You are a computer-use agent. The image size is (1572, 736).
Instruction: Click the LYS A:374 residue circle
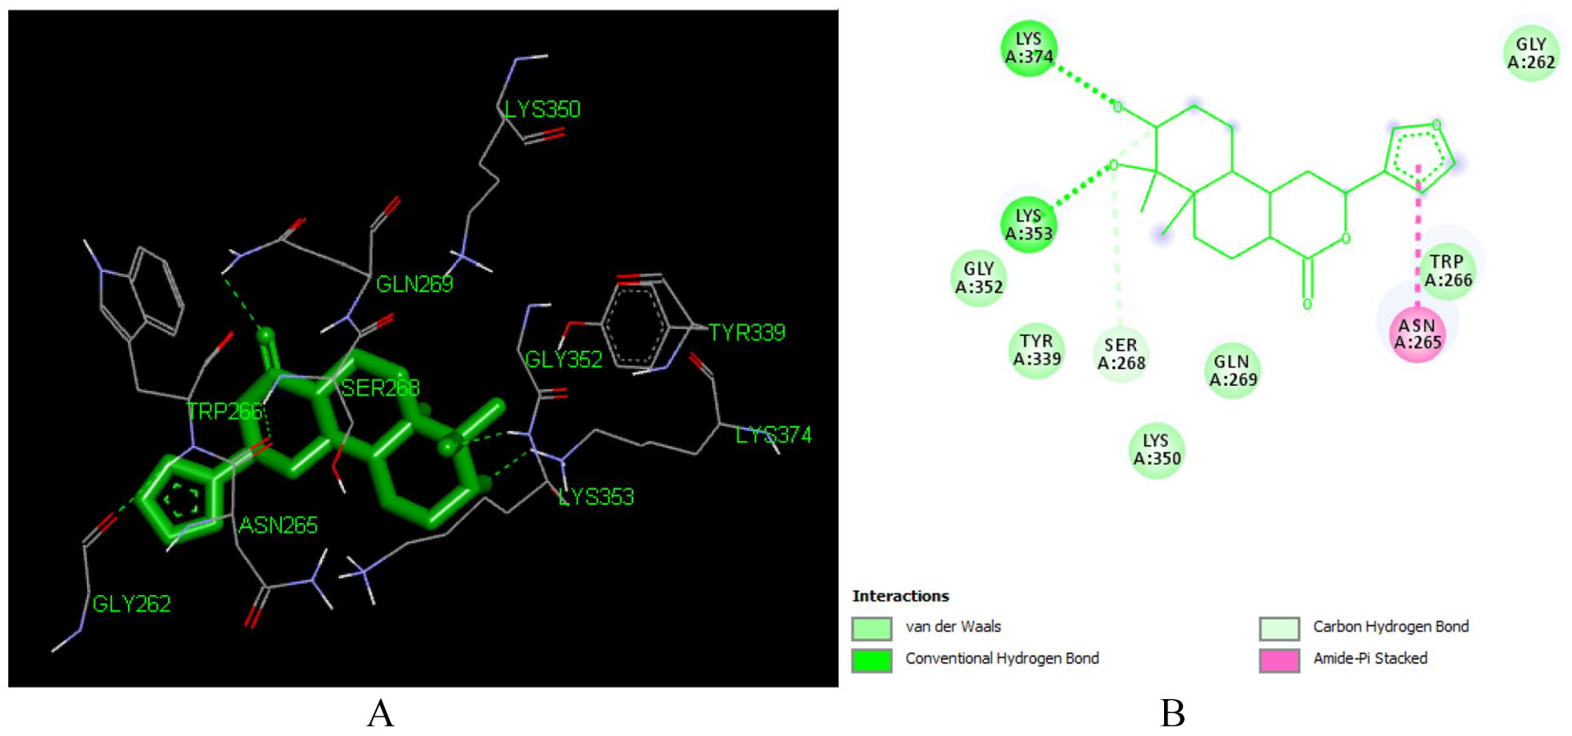[x=1029, y=48]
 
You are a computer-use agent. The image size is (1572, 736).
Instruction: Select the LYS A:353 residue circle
[x=1029, y=225]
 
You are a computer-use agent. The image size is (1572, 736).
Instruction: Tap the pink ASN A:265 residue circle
[x=1417, y=334]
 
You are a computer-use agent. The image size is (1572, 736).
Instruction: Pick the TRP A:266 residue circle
[x=1447, y=271]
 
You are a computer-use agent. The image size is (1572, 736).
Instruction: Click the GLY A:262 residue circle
[x=1530, y=53]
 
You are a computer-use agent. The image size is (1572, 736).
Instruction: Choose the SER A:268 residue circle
[x=1121, y=354]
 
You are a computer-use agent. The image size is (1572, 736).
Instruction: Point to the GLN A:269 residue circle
[x=1232, y=370]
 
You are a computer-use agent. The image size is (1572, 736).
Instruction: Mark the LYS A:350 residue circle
[x=1157, y=450]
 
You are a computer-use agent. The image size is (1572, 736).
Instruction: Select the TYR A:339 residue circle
[x=1036, y=350]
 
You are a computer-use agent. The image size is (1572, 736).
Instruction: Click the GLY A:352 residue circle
[x=979, y=278]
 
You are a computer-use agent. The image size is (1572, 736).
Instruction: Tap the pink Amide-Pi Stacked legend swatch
[x=1279, y=660]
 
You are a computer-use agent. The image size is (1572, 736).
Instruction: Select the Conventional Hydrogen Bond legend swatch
[x=872, y=660]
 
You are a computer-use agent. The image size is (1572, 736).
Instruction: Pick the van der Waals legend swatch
[x=872, y=629]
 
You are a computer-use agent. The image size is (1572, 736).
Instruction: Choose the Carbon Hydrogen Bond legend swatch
[x=1279, y=629]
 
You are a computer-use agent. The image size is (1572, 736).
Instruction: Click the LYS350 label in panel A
[x=541, y=110]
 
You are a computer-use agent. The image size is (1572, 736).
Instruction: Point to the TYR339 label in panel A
[x=746, y=333]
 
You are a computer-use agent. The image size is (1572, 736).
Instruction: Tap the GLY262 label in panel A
[x=131, y=604]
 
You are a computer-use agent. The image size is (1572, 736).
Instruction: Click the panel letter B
[x=1172, y=713]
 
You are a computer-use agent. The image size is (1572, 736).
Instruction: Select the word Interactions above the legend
[x=900, y=596]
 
